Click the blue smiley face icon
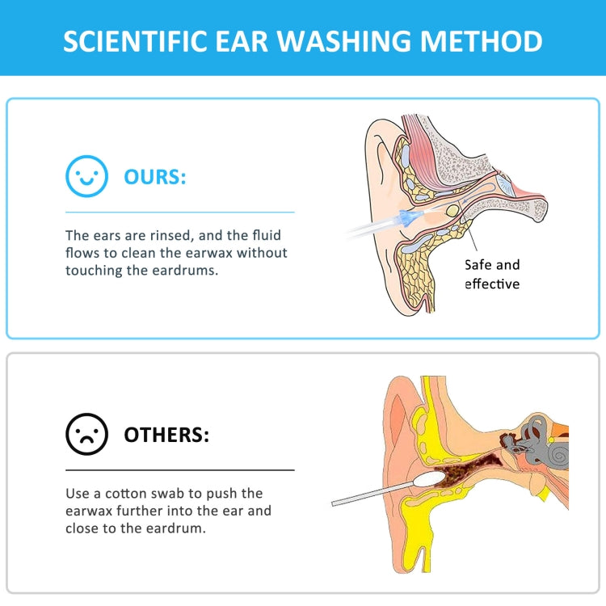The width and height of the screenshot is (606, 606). coord(86,176)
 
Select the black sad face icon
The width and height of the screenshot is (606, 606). coord(86,435)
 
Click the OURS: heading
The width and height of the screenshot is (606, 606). coord(154,176)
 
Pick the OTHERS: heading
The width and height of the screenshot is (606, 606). coord(166,435)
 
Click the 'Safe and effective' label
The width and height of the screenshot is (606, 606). coord(492,274)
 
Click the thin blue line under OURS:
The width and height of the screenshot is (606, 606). coord(179,212)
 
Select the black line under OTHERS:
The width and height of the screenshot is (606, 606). coord(179,469)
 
